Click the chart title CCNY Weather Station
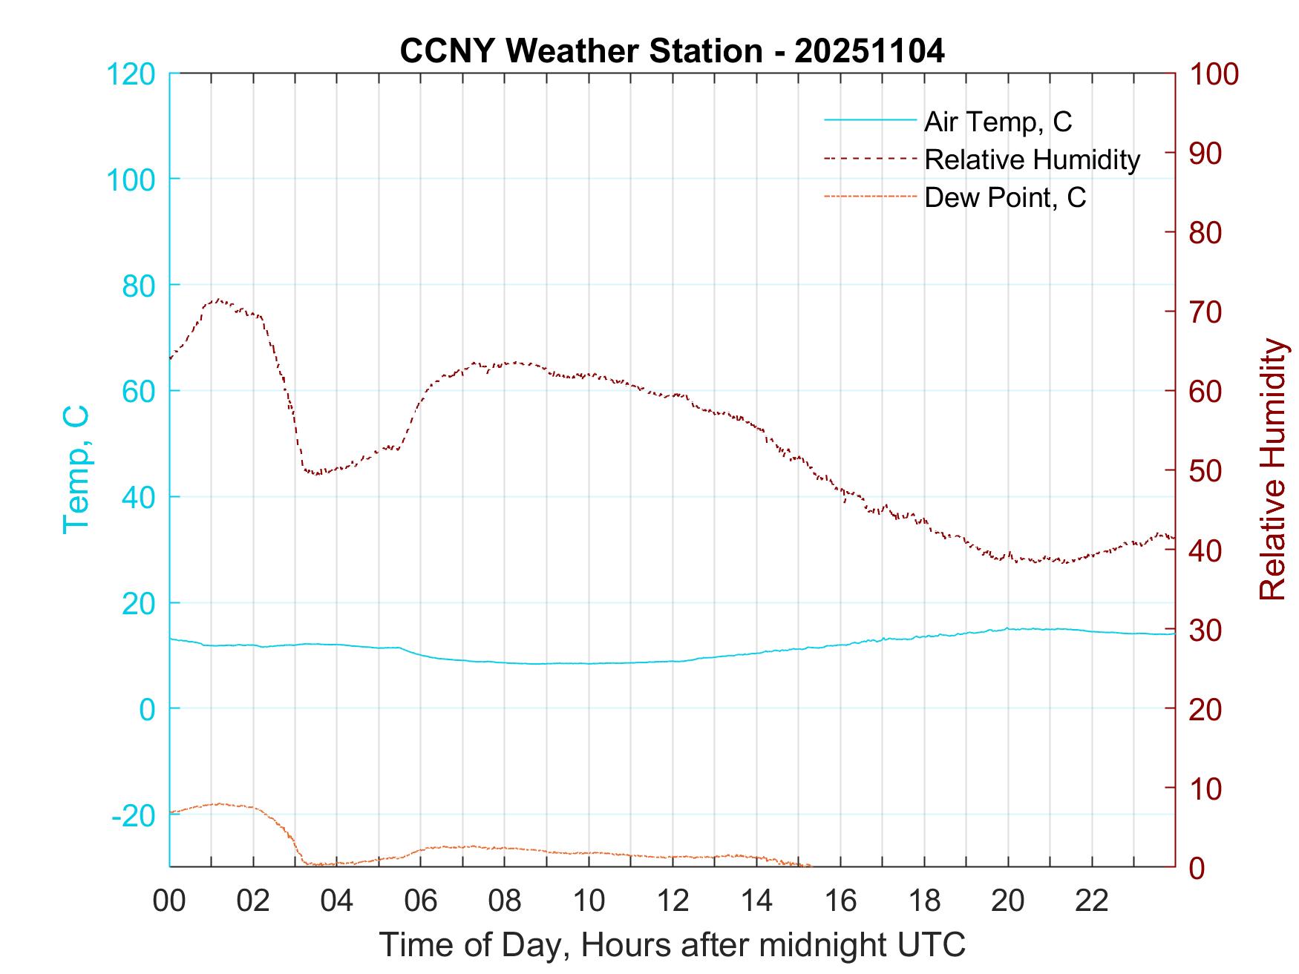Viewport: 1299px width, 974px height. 580,51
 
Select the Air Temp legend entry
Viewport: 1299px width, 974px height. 997,122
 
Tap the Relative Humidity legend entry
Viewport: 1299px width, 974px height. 1032,159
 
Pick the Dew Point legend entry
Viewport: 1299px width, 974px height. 1004,197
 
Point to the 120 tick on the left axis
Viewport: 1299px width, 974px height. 131,74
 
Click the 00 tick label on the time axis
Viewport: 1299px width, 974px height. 169,901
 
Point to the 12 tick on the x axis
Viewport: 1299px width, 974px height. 673,901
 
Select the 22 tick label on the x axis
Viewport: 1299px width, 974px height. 1092,901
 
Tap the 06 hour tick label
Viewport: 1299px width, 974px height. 421,901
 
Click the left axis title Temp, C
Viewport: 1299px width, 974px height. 76,470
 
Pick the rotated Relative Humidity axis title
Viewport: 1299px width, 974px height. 1272,470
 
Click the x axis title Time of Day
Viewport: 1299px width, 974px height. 673,945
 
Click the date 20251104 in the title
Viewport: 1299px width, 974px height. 869,51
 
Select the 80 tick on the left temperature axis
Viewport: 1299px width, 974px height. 138,286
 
